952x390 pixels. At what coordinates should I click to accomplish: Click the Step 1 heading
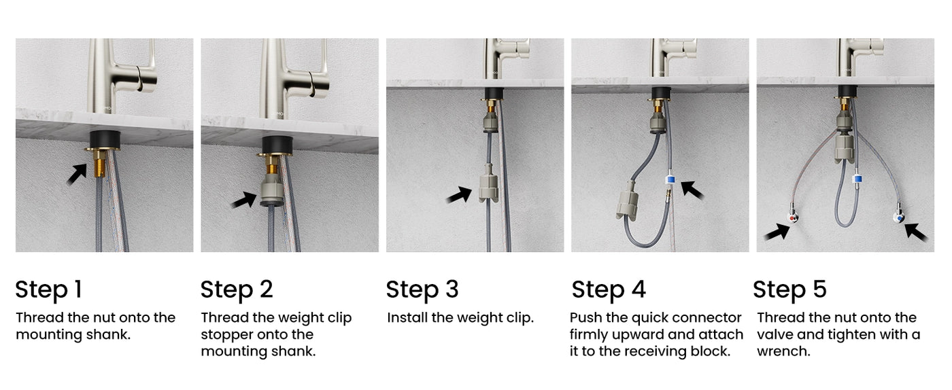click(48, 289)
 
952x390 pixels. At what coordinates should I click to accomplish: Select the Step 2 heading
click(237, 289)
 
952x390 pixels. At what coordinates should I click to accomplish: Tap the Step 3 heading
click(422, 289)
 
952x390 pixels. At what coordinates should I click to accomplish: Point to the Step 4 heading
click(609, 289)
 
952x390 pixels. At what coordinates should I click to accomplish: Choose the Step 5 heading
click(789, 289)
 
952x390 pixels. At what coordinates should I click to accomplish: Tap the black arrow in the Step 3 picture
click(459, 196)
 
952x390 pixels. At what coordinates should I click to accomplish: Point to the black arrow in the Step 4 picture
click(693, 188)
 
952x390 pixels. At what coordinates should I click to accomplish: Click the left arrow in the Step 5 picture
click(777, 232)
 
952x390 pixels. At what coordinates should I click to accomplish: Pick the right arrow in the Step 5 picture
click(916, 232)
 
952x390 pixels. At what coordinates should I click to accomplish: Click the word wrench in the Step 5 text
click(783, 352)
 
